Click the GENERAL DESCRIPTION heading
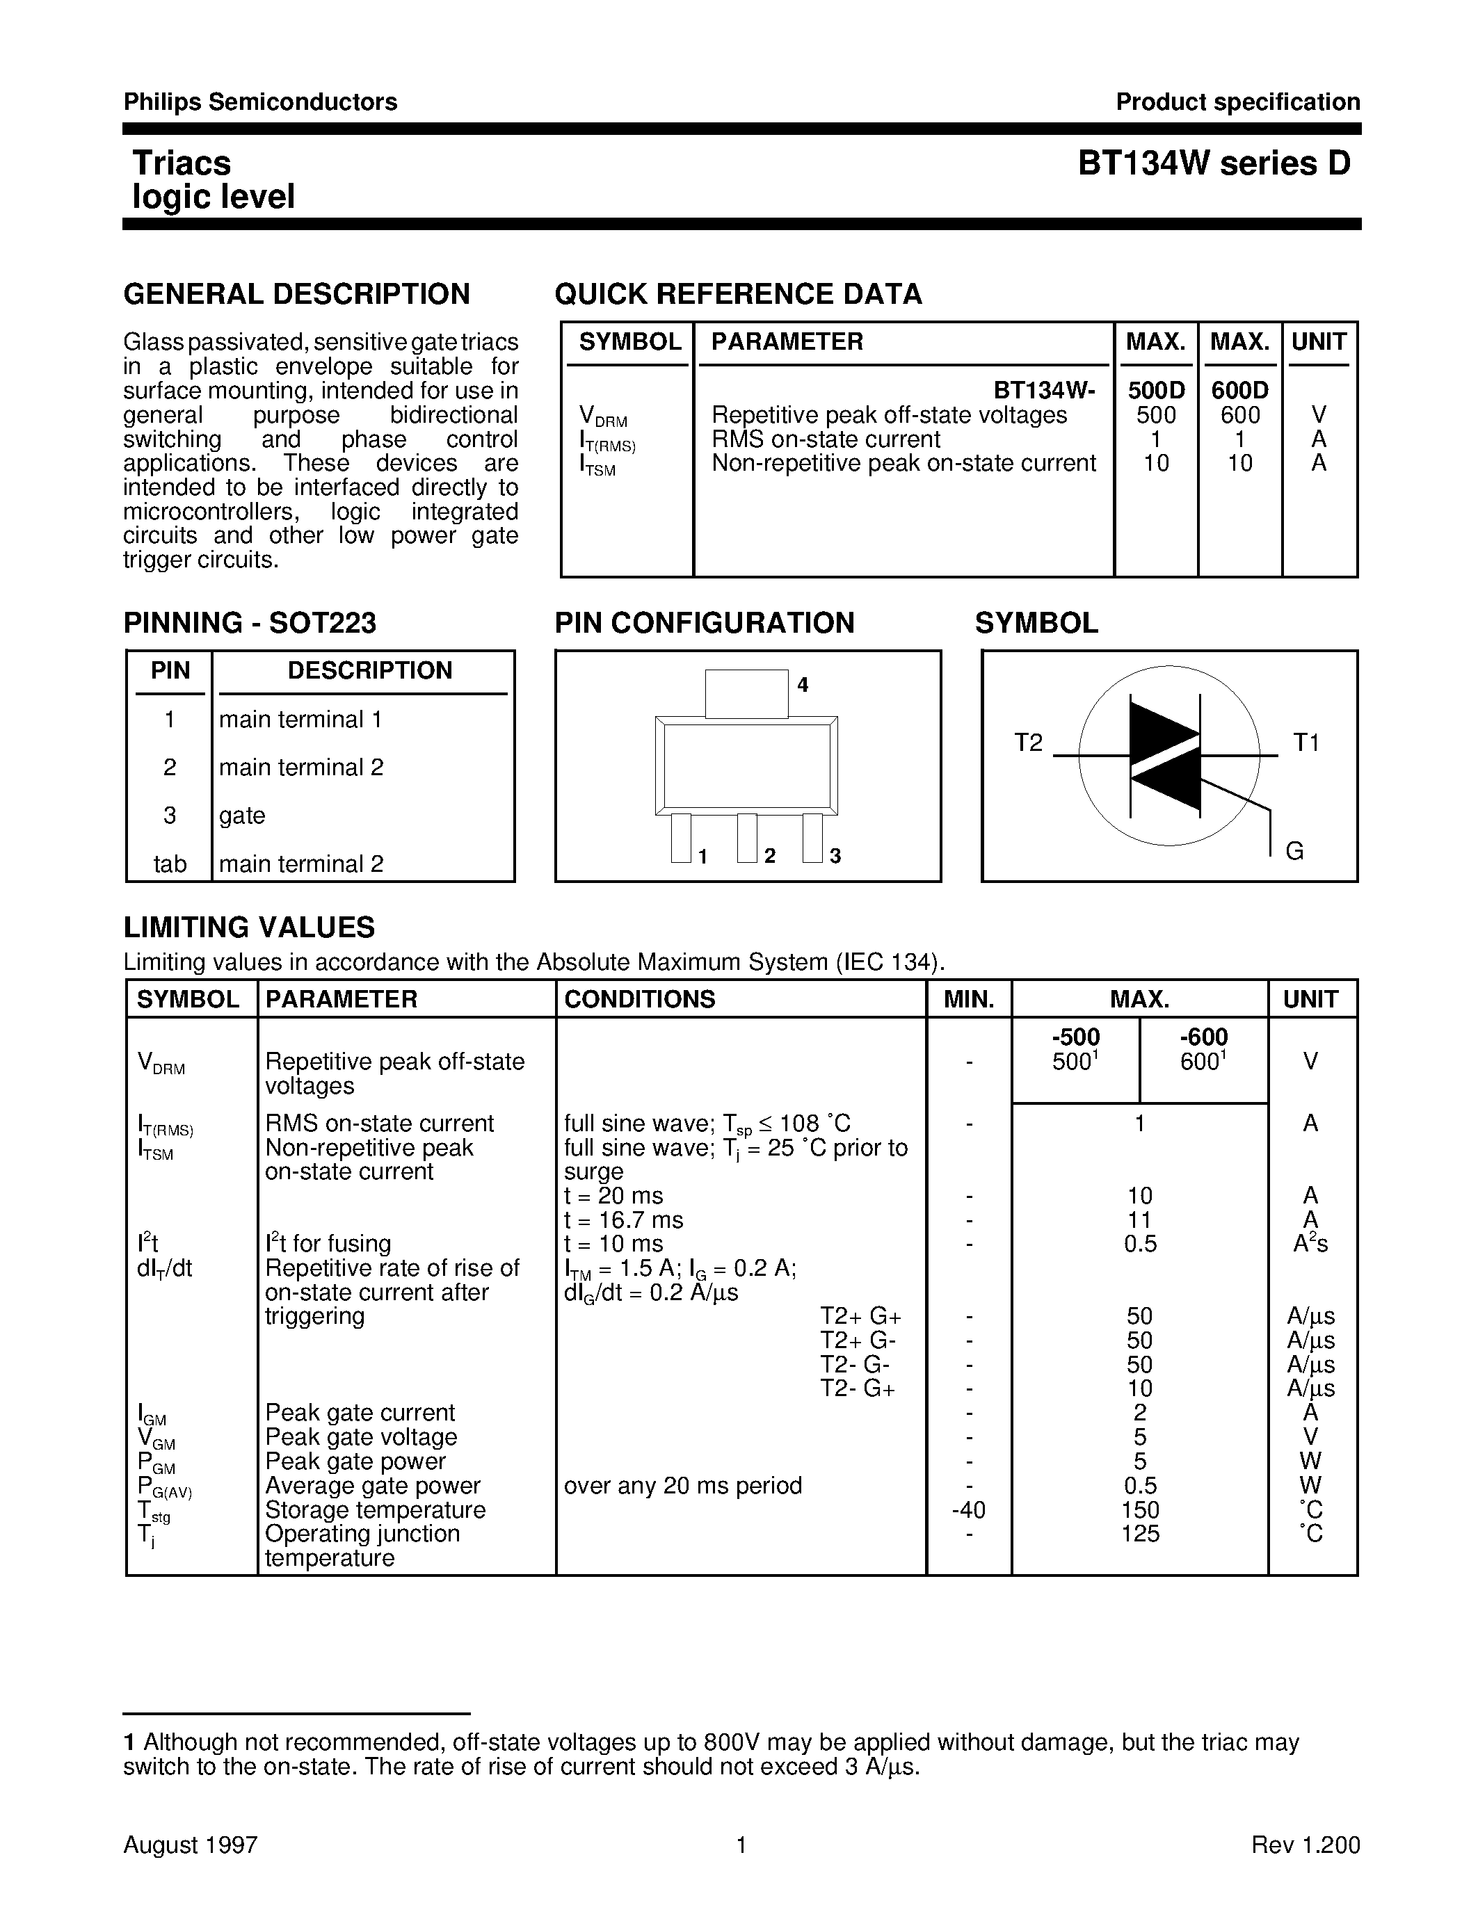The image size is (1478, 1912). tap(297, 294)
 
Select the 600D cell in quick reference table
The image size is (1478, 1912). tap(1240, 391)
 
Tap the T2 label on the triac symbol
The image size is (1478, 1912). tap(1029, 743)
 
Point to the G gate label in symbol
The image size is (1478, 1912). tap(1294, 851)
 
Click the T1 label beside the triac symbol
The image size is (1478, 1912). tap(1306, 743)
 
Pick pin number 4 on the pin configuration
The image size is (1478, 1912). tap(802, 685)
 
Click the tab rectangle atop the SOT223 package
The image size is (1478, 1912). tap(746, 693)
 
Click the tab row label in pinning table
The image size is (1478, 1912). tap(170, 864)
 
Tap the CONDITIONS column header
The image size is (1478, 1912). tap(639, 999)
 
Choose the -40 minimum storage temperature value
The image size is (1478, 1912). tap(967, 1510)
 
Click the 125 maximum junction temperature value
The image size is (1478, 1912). tap(1139, 1534)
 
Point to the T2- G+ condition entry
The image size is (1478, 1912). tap(857, 1388)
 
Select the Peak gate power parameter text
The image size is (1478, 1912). tap(355, 1461)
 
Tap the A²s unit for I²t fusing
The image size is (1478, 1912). tap(1310, 1244)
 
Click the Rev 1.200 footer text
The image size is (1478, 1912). tap(1305, 1845)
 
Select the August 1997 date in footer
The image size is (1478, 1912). tap(191, 1845)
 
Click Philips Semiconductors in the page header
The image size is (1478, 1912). tap(260, 102)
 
